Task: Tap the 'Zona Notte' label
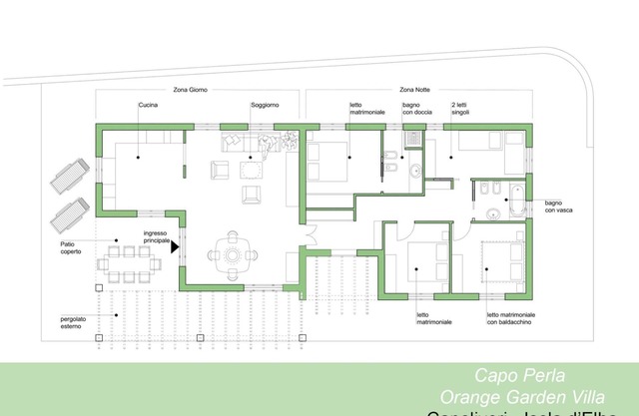pyautogui.click(x=416, y=90)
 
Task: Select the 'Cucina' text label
pyautogui.click(x=148, y=105)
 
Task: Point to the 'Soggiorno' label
pyautogui.click(x=264, y=105)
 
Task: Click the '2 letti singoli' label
pyautogui.click(x=459, y=109)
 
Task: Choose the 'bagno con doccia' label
pyautogui.click(x=417, y=109)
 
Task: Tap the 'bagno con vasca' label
pyautogui.click(x=559, y=207)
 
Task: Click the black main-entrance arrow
pyautogui.click(x=174, y=243)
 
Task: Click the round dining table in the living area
pyautogui.click(x=234, y=253)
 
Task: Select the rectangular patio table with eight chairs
pyautogui.click(x=129, y=262)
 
